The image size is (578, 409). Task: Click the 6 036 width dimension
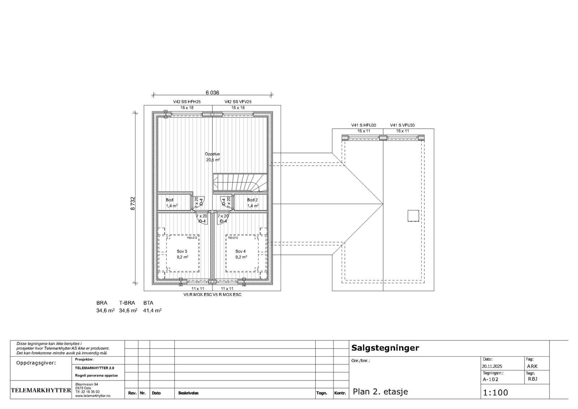point(212,92)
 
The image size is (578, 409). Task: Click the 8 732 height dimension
point(133,203)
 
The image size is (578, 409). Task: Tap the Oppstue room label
point(212,154)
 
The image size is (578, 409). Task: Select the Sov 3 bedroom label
point(182,251)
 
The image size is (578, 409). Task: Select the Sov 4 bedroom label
point(240,251)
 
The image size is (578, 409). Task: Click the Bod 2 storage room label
point(252,200)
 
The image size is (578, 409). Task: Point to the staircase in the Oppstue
point(240,182)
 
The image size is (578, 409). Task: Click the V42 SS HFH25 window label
point(187,102)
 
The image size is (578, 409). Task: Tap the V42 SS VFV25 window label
point(238,102)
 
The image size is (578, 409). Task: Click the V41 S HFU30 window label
point(363,125)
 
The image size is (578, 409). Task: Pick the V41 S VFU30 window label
point(402,125)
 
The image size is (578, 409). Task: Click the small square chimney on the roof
point(413,216)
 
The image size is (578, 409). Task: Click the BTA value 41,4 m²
point(152,310)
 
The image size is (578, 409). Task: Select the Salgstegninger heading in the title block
point(385,348)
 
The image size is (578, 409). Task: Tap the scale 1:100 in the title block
point(495,392)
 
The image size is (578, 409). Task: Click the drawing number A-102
point(490,379)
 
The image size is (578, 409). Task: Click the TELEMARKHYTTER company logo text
point(41,390)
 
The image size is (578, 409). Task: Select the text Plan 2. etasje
point(380,392)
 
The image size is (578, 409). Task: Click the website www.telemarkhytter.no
point(92,396)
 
